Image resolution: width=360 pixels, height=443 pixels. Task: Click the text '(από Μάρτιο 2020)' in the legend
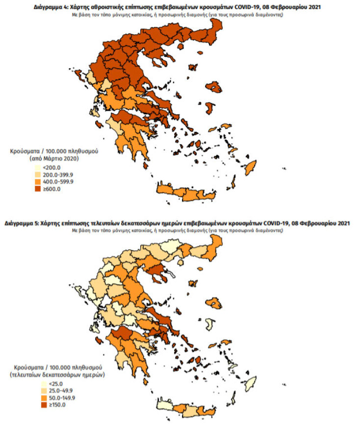(55, 159)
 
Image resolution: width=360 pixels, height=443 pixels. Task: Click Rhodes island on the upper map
(251, 168)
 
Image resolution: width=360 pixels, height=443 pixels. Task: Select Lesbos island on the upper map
(214, 87)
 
